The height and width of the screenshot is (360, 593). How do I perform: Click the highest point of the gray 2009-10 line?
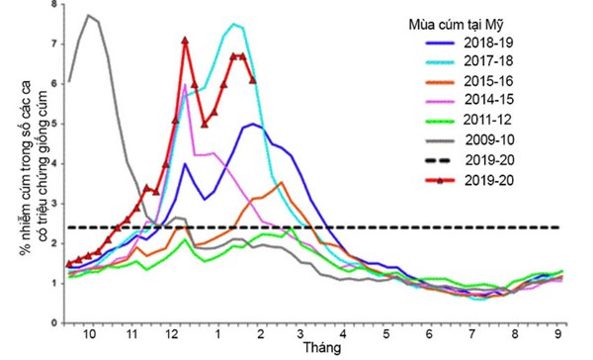(x=89, y=15)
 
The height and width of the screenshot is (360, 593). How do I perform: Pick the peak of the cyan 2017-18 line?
(x=233, y=24)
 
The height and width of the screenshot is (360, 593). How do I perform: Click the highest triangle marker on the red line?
(x=186, y=41)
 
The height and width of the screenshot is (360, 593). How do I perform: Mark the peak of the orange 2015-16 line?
(x=282, y=182)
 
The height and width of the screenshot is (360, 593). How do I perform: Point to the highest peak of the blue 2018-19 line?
(x=255, y=124)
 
